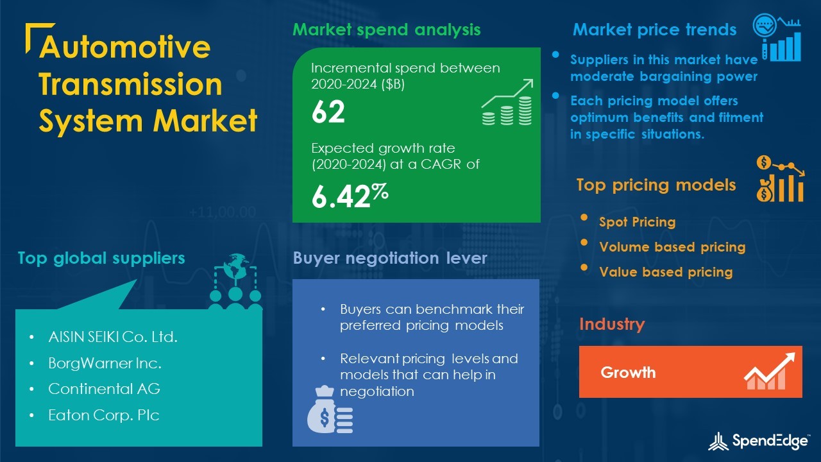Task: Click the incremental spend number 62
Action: coord(328,112)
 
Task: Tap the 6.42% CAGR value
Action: coord(350,196)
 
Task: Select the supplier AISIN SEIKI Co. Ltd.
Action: coord(113,337)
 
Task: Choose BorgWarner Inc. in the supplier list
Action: coord(105,363)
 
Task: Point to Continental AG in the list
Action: coord(104,389)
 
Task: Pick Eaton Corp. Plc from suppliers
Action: coord(104,415)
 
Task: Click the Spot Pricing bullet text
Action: coord(638,222)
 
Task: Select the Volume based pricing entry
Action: coord(673,247)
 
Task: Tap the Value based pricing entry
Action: coord(666,272)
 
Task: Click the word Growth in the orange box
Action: coord(628,373)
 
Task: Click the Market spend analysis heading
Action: coord(386,30)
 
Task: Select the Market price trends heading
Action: coord(655,30)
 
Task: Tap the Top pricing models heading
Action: coord(656,185)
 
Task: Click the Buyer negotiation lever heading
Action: coord(390,258)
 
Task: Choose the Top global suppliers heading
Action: coord(101,258)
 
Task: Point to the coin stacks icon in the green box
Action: coord(507,103)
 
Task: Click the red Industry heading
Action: coord(612,324)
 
